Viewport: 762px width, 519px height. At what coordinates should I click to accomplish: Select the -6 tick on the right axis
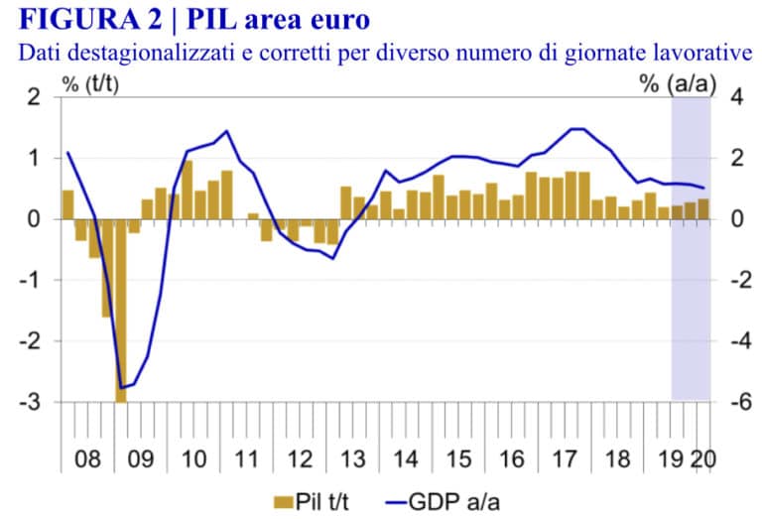pos(735,402)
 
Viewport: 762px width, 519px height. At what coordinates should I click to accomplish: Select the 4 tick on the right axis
pos(735,97)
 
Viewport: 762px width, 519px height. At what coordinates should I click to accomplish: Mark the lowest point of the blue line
pos(121,387)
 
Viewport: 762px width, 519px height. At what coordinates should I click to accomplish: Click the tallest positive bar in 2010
pos(188,190)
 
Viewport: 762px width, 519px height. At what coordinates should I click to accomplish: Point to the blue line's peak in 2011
pos(227,131)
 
